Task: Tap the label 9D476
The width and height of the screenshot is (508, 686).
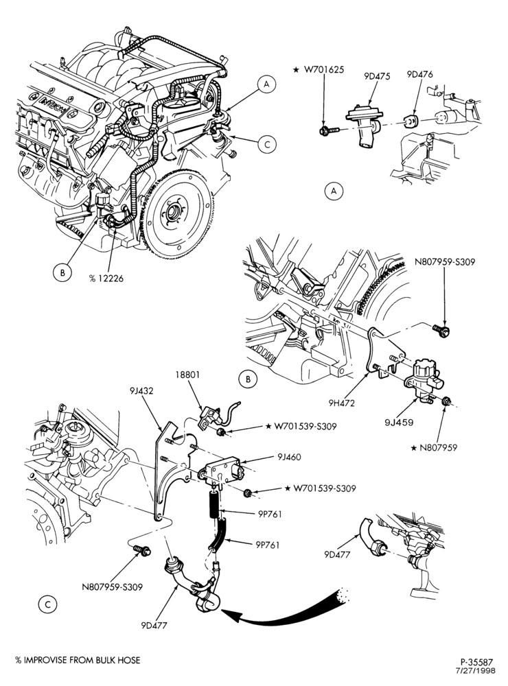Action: (419, 74)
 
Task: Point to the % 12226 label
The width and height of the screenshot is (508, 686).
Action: (106, 278)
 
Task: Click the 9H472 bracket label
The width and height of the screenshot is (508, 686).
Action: (343, 403)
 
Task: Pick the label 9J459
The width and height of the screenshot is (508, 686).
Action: (400, 422)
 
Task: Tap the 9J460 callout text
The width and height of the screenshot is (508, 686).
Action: (290, 457)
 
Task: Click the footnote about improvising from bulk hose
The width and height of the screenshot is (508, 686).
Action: (78, 660)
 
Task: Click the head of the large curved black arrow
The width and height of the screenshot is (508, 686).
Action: (229, 616)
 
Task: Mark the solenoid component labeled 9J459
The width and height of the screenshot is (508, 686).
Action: (424, 380)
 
